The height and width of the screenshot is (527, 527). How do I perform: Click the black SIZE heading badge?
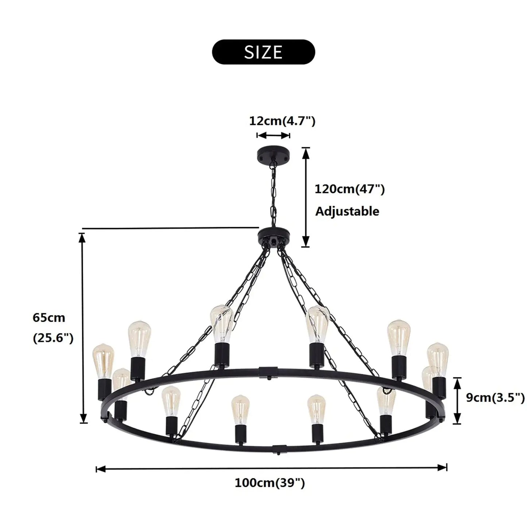point(263,52)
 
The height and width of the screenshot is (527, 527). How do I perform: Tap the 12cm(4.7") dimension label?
point(282,121)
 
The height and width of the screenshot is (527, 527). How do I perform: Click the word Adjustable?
point(347,211)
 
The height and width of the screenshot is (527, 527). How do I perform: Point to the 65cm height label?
point(49,318)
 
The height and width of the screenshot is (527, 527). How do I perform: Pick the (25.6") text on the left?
point(53,338)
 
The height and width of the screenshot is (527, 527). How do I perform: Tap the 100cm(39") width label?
point(270,483)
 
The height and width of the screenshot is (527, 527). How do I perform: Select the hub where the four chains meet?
point(273,235)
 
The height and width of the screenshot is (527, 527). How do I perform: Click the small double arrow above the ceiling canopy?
point(273,136)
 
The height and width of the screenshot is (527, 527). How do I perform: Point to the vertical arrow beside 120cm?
point(306,197)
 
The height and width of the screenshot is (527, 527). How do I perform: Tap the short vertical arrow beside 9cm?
point(457,401)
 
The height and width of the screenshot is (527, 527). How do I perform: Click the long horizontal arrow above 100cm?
point(271,468)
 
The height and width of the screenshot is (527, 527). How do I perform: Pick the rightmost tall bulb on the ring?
point(438,359)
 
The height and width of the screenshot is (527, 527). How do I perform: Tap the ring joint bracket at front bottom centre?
point(279,447)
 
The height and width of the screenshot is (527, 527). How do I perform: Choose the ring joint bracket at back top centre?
point(268,372)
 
